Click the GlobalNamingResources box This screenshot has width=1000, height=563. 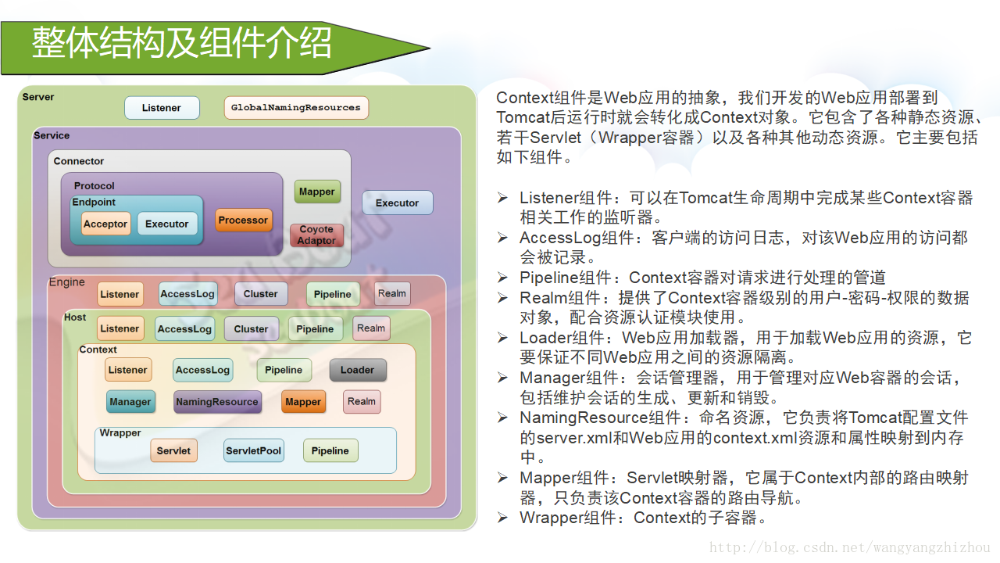click(296, 108)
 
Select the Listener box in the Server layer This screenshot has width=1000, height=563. click(162, 108)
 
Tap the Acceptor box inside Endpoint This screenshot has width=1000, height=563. click(105, 224)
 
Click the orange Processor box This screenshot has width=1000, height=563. click(243, 221)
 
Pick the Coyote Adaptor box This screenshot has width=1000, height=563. click(316, 235)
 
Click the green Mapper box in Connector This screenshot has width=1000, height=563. click(316, 192)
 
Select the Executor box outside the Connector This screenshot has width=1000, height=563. click(397, 203)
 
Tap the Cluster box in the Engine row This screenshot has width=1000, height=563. click(260, 294)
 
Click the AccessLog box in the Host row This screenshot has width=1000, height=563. click(184, 329)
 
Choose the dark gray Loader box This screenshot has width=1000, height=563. click(357, 370)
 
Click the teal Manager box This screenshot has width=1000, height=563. click(130, 402)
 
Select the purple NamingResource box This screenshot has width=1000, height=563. click(217, 402)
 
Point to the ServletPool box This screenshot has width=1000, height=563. click(253, 450)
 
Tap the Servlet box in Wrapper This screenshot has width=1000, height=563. click(173, 450)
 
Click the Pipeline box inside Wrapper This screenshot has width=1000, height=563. click(330, 450)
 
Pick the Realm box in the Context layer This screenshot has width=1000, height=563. click(362, 402)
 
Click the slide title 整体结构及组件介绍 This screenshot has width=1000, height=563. click(182, 43)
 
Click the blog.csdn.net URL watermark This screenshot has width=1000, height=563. click(849, 548)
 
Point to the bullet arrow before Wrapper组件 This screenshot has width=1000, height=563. click(503, 518)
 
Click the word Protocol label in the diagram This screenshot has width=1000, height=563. click(95, 186)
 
